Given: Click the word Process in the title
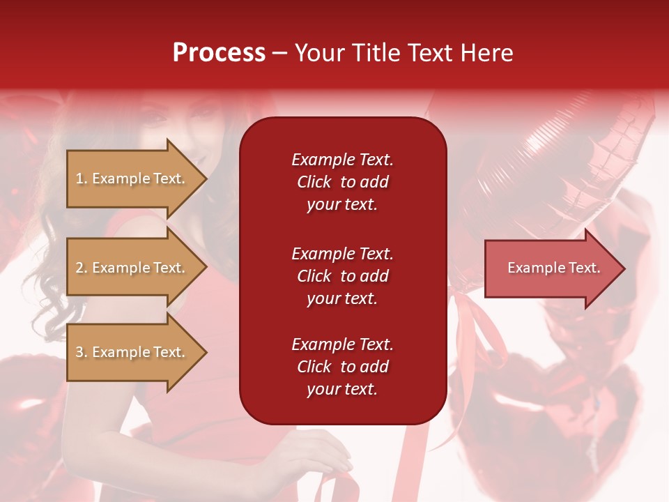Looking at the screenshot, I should pos(219,53).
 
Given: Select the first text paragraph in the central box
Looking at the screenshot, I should pos(342,182).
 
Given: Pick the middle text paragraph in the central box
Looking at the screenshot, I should pos(342,276).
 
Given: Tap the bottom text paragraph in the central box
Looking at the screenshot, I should pos(342,367).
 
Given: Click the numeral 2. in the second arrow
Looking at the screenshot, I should pos(82,268).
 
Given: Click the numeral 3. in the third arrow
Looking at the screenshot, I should pos(82,352).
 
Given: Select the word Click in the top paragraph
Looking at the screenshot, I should pos(314,182).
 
